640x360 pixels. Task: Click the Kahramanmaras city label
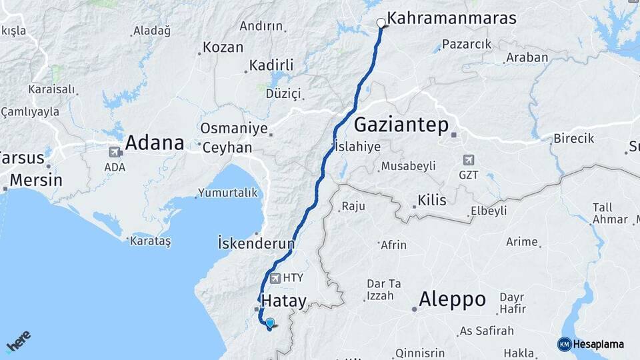[x=451, y=18]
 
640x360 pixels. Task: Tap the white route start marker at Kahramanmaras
[x=381, y=23]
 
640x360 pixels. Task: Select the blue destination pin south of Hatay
[x=269, y=324]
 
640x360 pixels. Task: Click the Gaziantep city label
[x=401, y=124]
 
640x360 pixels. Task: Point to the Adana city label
[x=154, y=143]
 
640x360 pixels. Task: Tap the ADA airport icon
[x=115, y=152]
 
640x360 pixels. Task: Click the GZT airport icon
[x=469, y=160]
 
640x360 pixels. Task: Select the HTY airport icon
[x=274, y=277]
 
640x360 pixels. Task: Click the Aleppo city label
[x=452, y=299]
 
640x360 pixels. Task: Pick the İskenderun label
[x=256, y=243]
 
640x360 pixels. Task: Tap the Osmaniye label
[x=234, y=129]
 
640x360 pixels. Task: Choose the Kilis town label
[x=431, y=200]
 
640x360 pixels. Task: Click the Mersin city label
[x=36, y=180]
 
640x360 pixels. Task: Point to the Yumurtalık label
[x=227, y=193]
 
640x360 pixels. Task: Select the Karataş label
[x=151, y=241]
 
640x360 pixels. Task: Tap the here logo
[x=18, y=341]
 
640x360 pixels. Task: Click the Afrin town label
[x=393, y=245]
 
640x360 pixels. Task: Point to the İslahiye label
[x=357, y=147]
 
